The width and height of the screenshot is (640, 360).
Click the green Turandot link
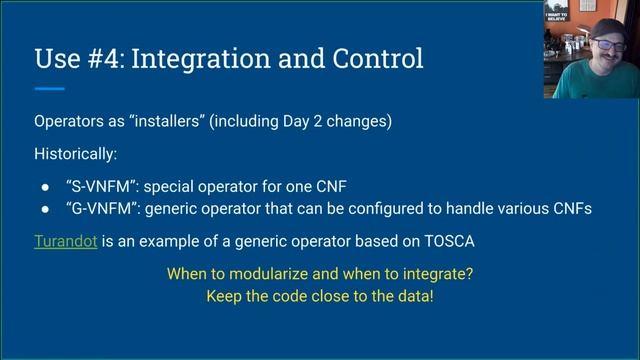click(65, 241)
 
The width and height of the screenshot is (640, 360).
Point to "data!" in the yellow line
click(411, 297)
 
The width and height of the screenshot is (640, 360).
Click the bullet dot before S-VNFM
click(46, 187)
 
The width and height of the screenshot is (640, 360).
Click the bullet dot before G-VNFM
click(46, 208)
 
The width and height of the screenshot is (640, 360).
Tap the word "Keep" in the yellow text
click(225, 297)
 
